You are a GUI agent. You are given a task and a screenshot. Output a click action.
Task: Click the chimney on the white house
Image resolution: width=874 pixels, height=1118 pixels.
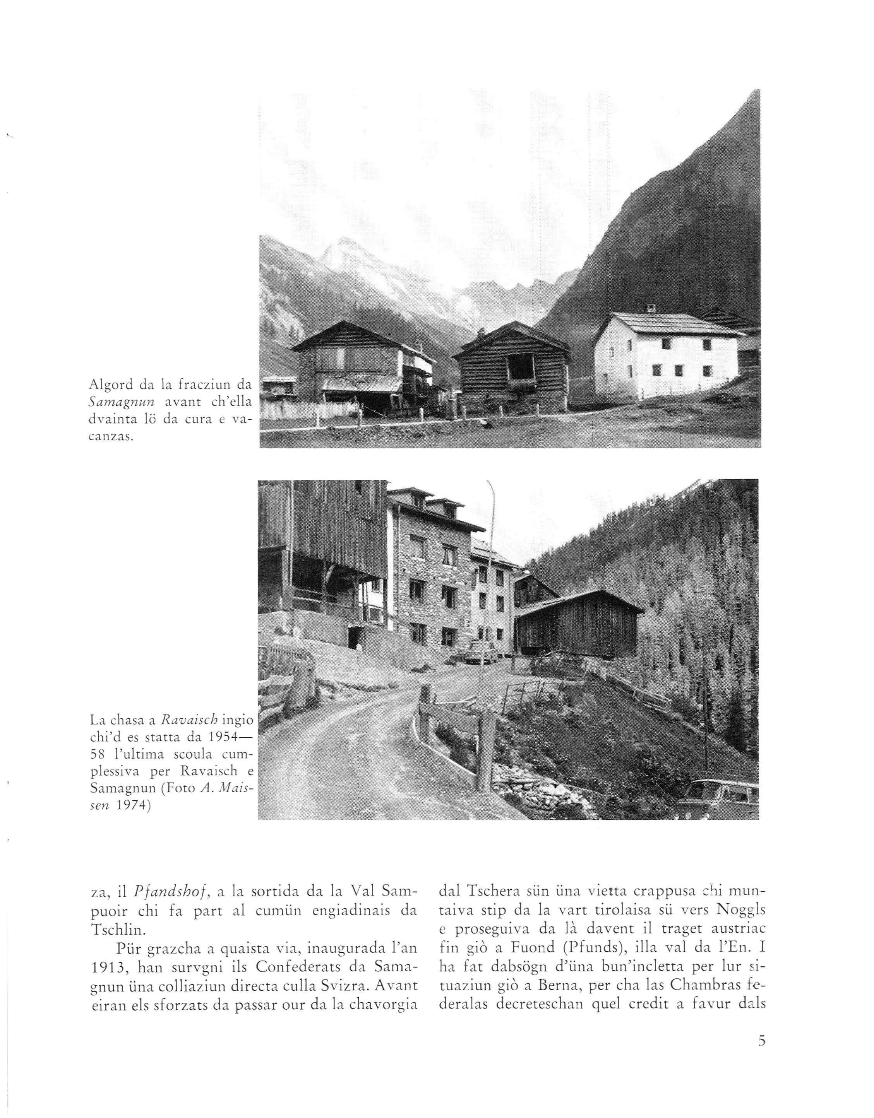click(651, 308)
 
